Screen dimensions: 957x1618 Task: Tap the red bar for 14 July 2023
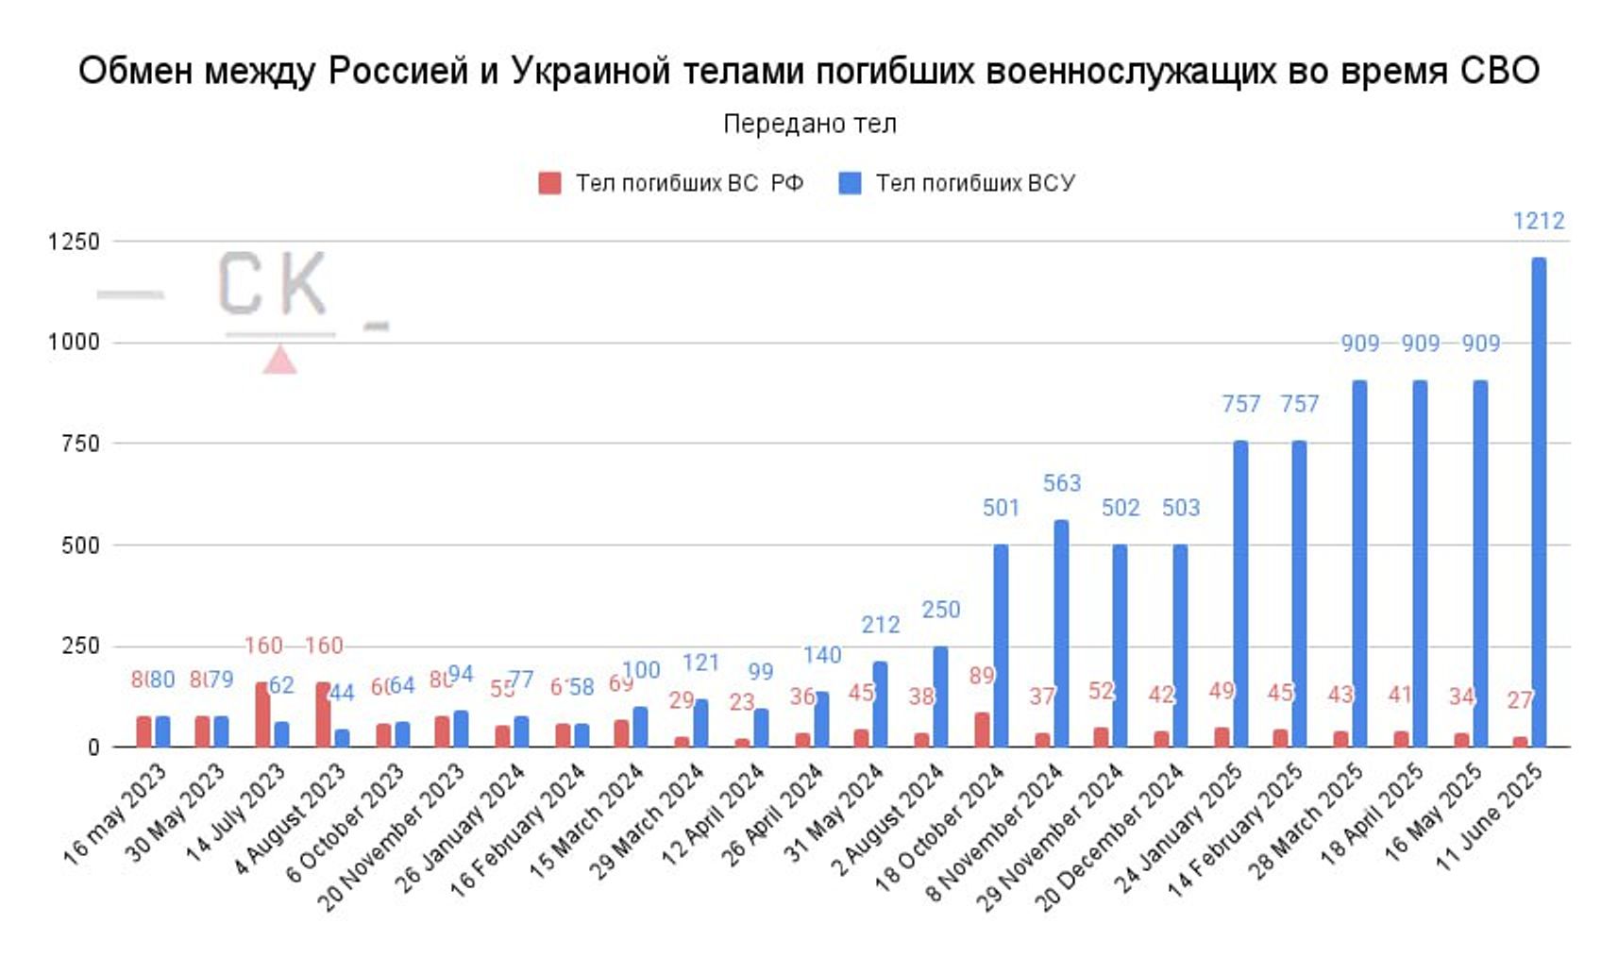262,714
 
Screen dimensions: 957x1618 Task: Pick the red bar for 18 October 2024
982,730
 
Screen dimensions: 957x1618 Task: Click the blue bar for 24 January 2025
1240,594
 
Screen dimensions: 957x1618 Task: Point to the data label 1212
1539,221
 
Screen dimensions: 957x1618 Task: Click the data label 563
1061,483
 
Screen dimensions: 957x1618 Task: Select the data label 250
940,610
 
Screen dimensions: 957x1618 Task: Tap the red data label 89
982,676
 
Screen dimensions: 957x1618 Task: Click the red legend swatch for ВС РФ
549,183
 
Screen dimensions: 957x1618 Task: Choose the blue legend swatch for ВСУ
850,183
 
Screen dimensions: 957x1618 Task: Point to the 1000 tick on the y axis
74,343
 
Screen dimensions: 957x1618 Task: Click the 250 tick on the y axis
80,646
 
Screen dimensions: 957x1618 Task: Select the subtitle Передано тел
809,124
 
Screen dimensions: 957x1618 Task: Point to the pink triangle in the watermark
279,361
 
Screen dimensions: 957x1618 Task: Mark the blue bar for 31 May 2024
880,704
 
